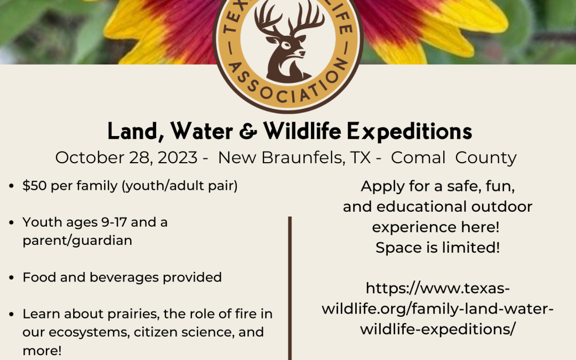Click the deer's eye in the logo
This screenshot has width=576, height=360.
click(286, 46)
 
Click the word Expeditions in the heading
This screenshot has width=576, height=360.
click(409, 132)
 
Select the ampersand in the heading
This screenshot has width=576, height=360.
click(248, 132)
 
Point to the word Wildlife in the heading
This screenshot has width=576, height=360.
click(302, 131)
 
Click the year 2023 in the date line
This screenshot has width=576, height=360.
click(178, 157)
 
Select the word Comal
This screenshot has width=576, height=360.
click(418, 157)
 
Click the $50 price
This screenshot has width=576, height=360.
click(35, 186)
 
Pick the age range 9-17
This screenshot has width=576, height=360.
click(114, 222)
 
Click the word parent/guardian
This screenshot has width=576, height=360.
click(77, 241)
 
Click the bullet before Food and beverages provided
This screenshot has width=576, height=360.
click(11, 278)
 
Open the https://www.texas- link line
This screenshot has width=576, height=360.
click(437, 289)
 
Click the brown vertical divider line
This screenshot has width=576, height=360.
click(290, 289)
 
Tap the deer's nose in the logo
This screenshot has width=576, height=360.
click(302, 53)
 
